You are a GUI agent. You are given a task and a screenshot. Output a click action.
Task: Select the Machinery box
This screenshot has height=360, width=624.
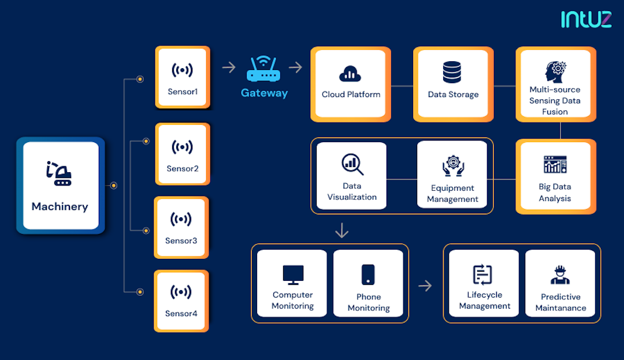pos(60,185)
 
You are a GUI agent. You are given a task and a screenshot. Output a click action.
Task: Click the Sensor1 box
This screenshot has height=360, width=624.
pos(182,77)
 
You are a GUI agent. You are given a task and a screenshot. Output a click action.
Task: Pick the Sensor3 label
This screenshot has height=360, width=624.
pos(181,240)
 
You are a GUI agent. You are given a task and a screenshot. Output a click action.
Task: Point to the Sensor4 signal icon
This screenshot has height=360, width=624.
pos(181,292)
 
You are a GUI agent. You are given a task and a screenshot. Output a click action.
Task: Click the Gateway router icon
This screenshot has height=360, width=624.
pos(263,70)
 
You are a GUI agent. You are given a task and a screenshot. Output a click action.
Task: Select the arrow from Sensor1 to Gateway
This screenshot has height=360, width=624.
pos(229,68)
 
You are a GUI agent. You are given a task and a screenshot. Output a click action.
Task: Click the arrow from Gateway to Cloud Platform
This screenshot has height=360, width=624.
pos(296,68)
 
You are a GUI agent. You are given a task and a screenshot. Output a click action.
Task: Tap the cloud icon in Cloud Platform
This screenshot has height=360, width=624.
pos(350,74)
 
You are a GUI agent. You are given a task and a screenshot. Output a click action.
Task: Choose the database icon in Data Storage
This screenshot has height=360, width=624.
pos(452,72)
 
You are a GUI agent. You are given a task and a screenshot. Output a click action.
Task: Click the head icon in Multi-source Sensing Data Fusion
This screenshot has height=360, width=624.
pos(555,71)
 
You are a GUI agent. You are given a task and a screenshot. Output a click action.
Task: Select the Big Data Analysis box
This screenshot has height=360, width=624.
pos(555,176)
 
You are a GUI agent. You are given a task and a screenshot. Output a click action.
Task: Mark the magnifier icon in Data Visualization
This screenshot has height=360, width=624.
pos(352,164)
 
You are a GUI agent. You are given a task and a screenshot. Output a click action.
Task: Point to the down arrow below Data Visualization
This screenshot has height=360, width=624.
pos(342,231)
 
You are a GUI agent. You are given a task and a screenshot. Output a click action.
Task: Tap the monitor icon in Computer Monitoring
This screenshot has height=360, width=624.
pos(293,274)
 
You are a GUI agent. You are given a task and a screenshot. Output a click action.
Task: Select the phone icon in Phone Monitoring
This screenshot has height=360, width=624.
pos(368,274)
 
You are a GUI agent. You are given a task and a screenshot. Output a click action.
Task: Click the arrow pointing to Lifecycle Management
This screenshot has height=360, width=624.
pos(425,285)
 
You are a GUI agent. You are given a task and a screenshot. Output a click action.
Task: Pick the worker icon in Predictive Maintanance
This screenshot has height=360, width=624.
pos(560,275)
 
